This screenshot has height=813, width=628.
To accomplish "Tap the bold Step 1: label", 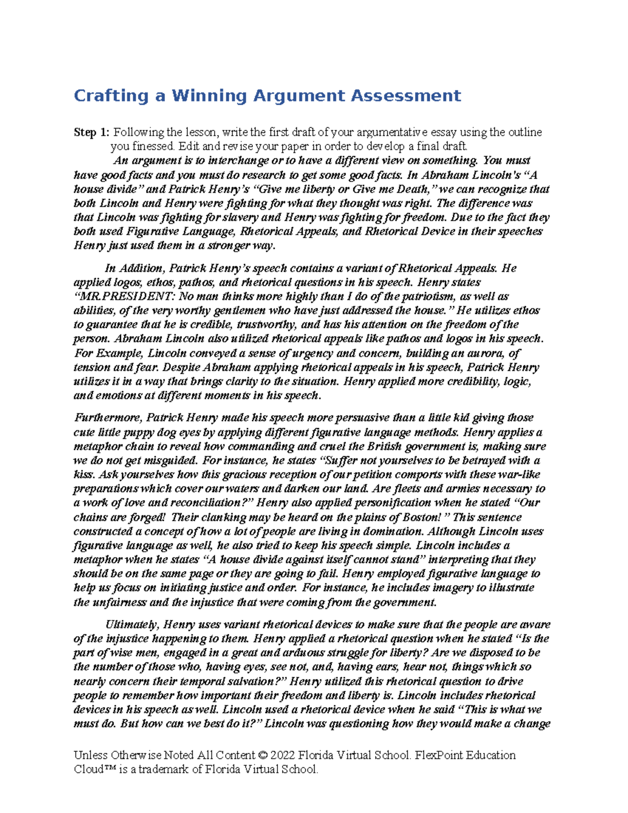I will tap(92, 132).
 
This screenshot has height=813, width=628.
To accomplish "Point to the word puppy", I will tap(139, 432).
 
